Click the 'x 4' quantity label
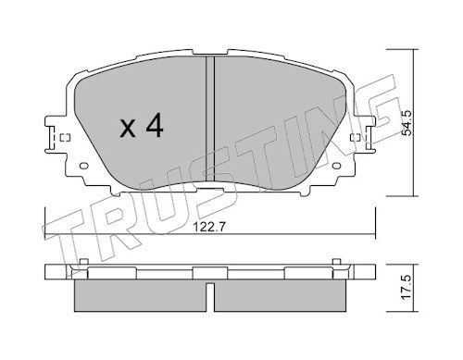(141, 127)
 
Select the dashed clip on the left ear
(63, 141)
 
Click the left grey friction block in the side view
(139, 296)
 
